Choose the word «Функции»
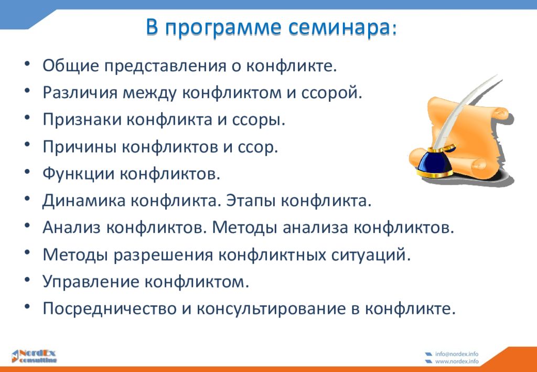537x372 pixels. click(78, 174)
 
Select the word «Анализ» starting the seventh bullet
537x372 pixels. click(71, 228)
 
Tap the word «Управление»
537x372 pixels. click(90, 282)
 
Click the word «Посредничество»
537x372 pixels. click(109, 309)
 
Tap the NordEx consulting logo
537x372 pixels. click(34, 356)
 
